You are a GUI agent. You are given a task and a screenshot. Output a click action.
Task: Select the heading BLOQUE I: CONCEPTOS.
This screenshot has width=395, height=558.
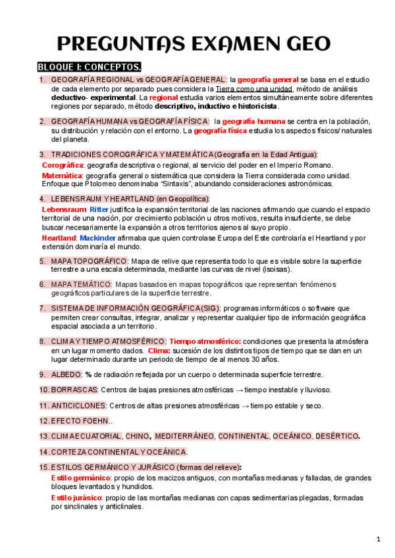pos(89,67)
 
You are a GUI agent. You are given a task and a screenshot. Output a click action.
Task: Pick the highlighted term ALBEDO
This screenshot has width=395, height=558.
pos(65,374)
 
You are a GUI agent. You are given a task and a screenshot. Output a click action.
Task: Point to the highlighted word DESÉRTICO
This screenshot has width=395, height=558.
pos(336,436)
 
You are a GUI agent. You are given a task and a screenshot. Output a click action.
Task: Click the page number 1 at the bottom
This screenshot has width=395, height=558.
pos(379,540)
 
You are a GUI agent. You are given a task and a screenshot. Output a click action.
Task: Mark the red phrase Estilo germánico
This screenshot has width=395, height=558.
pos(80,477)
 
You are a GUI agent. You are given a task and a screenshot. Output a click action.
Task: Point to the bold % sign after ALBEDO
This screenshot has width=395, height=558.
pos(88,374)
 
